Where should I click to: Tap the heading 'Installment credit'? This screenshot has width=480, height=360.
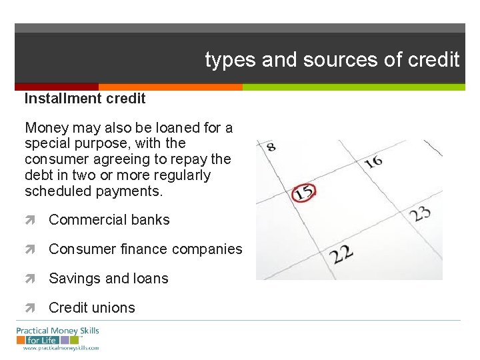pos(85,99)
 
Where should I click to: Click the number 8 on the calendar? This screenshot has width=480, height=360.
pos(271,147)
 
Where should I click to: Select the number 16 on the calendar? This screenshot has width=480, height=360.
pos(373,161)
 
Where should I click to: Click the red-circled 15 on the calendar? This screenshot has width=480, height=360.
pos(304,193)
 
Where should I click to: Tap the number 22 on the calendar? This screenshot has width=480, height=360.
pos(341,254)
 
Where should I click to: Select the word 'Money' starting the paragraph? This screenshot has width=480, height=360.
pos(45,127)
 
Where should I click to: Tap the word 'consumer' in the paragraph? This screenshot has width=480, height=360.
pos(53,159)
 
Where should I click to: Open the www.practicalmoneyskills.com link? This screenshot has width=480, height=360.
pos(61,348)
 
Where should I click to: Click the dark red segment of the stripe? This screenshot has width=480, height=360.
pos(57,87)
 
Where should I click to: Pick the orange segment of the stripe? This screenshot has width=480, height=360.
pos(170,87)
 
